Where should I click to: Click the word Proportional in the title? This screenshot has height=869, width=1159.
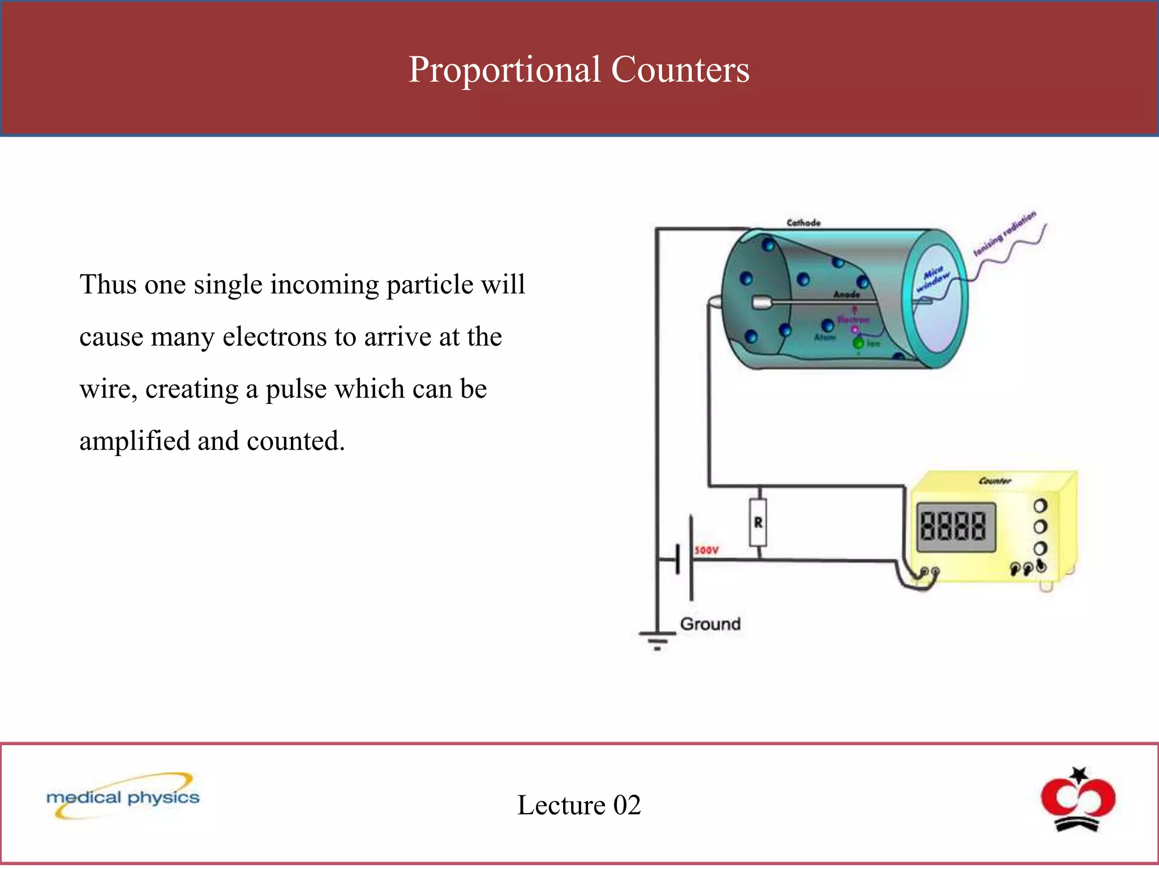point(504,70)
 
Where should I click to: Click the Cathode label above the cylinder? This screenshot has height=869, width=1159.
point(803,223)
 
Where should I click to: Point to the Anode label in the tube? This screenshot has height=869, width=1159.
point(846,294)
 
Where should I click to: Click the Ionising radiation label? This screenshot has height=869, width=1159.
point(1005,233)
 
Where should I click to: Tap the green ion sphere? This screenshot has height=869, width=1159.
point(858,343)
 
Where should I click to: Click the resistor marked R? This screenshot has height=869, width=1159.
point(758,522)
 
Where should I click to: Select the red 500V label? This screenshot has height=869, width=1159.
point(706,550)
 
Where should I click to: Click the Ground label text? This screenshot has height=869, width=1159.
point(710,624)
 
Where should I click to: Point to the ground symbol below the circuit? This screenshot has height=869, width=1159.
point(657,641)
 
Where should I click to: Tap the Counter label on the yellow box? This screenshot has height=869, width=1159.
point(994,481)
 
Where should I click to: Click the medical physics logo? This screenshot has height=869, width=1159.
point(123,797)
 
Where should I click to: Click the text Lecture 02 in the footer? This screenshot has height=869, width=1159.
point(579,805)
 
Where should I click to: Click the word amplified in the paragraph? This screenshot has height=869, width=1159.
point(134,441)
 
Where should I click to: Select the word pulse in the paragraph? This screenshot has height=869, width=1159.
point(295,389)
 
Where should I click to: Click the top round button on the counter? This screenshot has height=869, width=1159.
point(1040,505)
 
